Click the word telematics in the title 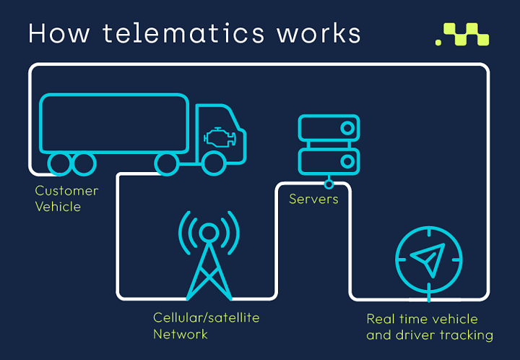183,33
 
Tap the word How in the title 59,33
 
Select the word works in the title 318,33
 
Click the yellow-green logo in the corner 462,34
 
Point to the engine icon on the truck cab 220,137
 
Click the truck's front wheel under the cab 214,163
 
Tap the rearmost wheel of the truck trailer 60,163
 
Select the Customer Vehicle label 66,199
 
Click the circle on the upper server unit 347,128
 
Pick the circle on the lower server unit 347,162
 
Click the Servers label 313,199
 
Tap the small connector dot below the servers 329,184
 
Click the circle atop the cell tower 209,233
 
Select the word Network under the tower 181,334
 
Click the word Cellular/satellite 207,317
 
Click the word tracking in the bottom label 467,335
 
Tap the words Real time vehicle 422,320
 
